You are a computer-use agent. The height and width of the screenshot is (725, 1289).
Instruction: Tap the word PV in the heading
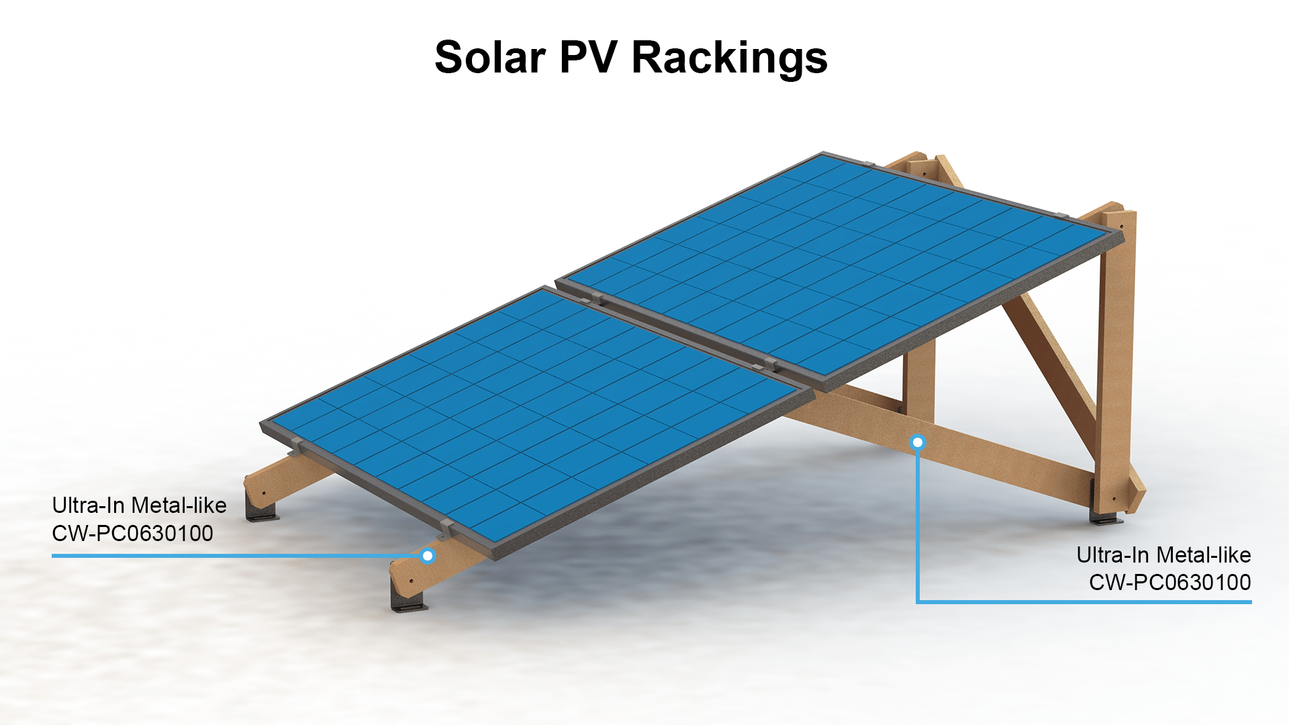tap(588, 57)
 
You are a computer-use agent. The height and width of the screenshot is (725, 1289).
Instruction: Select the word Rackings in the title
tap(729, 58)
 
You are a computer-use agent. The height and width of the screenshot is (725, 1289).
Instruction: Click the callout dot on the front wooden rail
tap(428, 556)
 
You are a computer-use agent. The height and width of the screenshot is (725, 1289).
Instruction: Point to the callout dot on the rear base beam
tap(918, 442)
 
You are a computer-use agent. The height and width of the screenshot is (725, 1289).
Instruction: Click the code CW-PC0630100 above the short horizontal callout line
tap(132, 534)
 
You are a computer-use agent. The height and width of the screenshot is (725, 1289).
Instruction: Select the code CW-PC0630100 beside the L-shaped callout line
tap(1169, 583)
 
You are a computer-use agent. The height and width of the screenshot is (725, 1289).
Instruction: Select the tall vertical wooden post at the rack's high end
tap(1116, 349)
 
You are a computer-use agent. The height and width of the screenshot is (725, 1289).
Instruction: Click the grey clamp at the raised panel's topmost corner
tap(867, 164)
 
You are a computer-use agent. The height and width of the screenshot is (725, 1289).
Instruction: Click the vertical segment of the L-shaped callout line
tap(918, 524)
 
